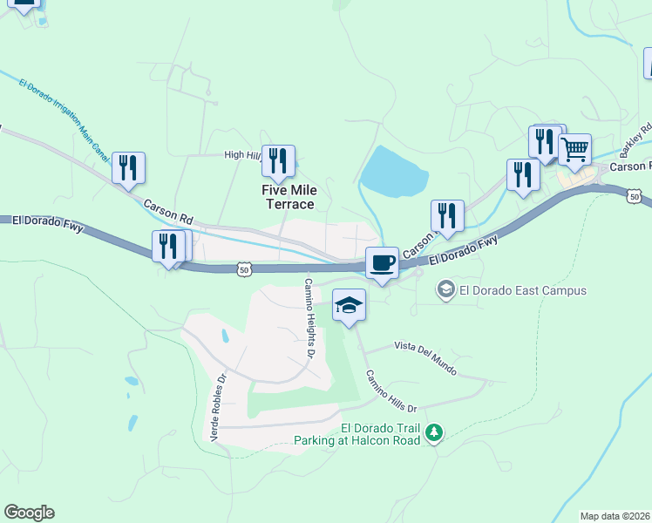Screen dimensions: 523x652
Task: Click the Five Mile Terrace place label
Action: click(x=289, y=197)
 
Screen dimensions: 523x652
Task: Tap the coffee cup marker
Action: click(x=382, y=262)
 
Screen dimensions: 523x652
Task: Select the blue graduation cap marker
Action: click(x=349, y=305)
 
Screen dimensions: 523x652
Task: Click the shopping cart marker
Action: click(x=574, y=150)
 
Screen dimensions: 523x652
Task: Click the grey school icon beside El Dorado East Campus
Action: click(x=445, y=289)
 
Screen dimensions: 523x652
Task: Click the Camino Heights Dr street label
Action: click(x=308, y=318)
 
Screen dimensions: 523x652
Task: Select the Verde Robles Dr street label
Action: click(x=217, y=406)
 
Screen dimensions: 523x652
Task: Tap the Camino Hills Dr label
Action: click(x=391, y=391)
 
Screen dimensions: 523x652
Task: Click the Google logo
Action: click(x=29, y=513)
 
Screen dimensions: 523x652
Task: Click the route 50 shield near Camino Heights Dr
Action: click(x=245, y=270)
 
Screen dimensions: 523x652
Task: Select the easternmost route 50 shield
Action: click(x=635, y=198)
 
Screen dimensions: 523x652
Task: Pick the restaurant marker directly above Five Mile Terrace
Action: click(x=278, y=161)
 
